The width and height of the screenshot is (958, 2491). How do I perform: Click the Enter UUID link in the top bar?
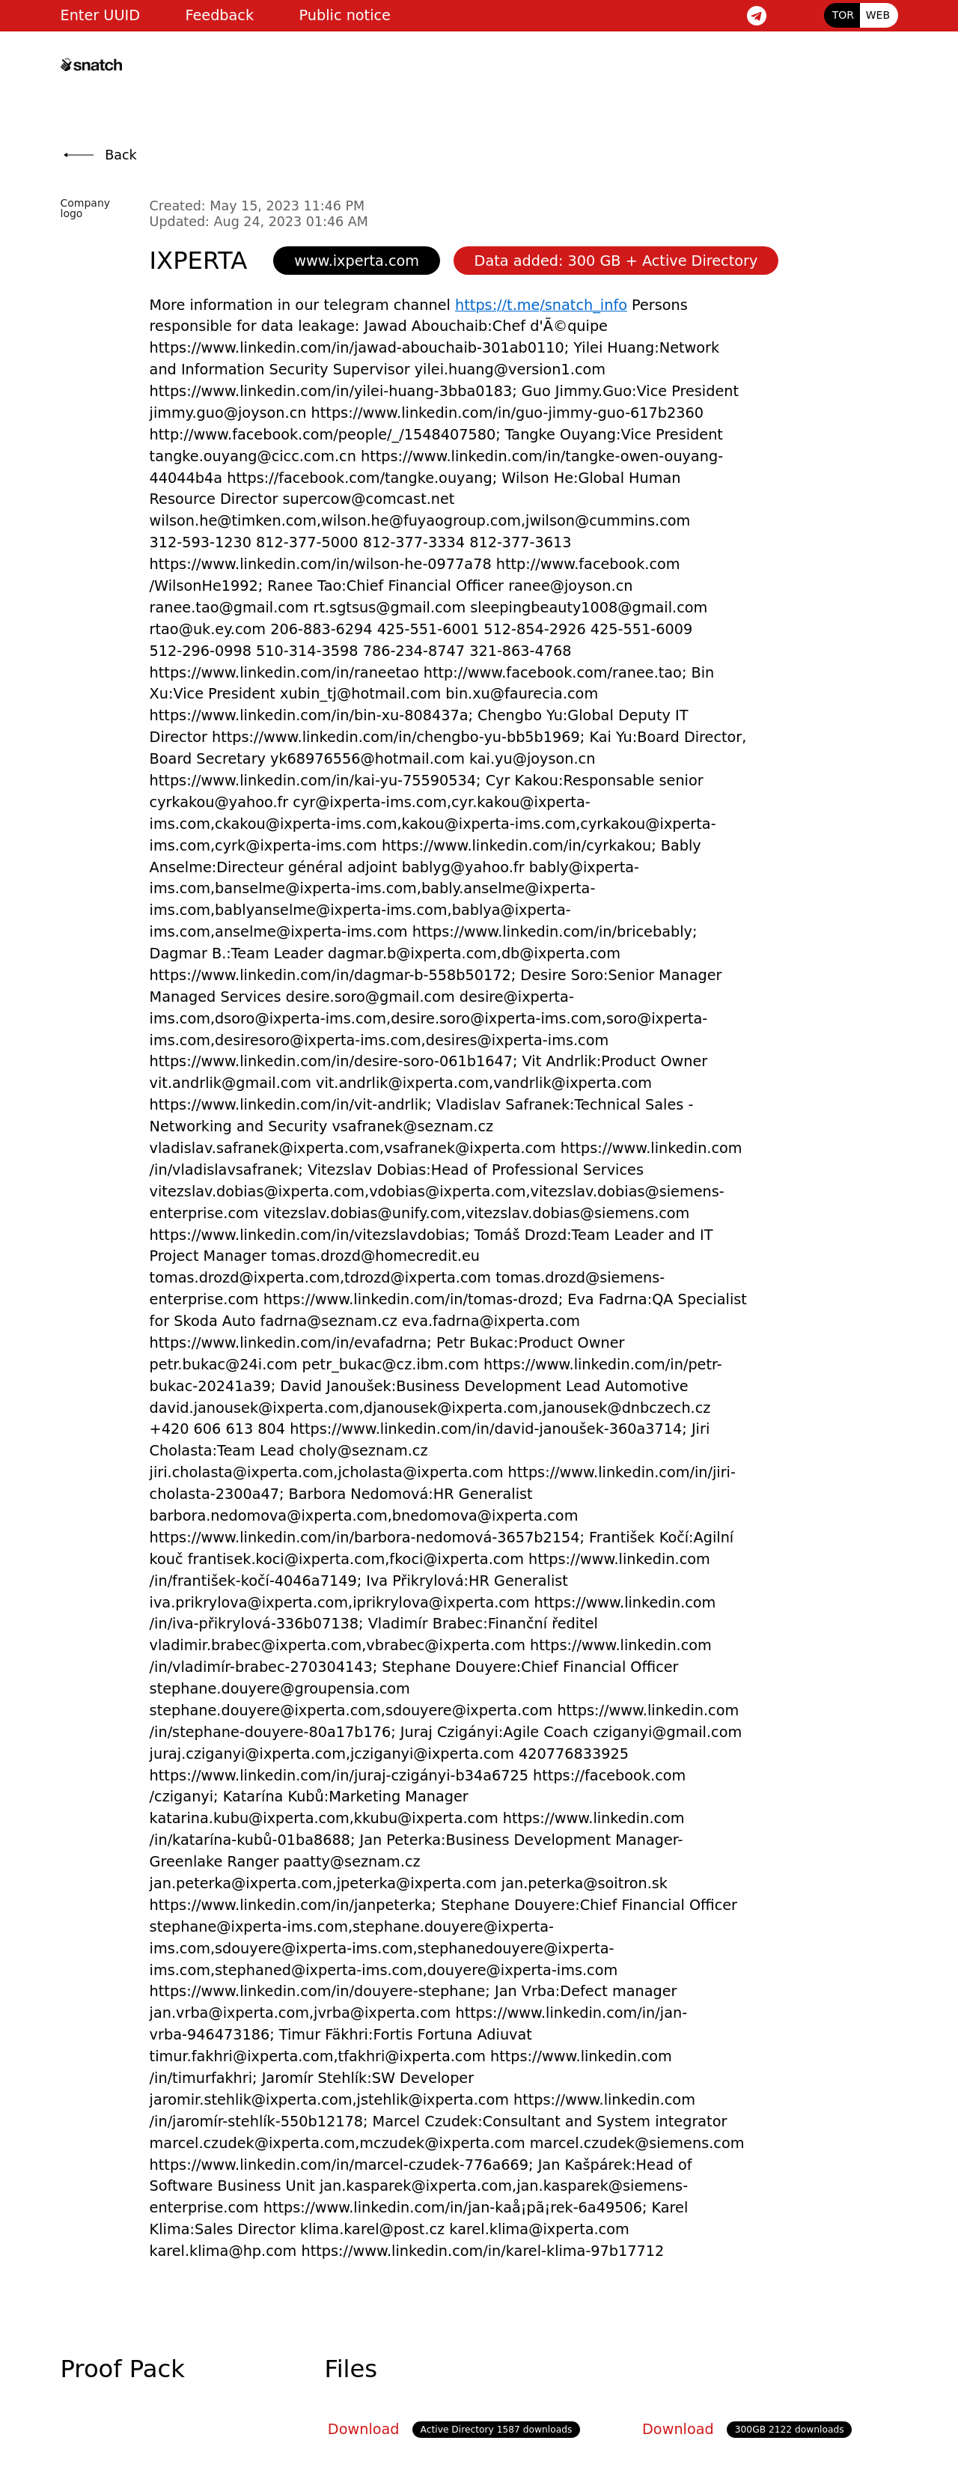click(x=100, y=16)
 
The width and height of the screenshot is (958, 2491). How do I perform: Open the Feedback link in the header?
click(x=219, y=16)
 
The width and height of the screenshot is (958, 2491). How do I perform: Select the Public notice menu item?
click(x=344, y=16)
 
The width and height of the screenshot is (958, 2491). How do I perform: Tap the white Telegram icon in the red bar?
click(x=756, y=16)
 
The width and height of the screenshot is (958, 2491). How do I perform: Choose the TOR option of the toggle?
click(x=842, y=16)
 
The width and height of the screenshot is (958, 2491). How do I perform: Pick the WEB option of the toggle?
click(x=878, y=16)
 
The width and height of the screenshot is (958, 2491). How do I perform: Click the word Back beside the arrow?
click(x=120, y=155)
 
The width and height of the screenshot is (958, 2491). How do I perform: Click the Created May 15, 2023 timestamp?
click(x=256, y=206)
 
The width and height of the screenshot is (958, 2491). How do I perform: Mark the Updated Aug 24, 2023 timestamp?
click(x=258, y=222)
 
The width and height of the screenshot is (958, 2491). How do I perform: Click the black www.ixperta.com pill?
click(x=356, y=261)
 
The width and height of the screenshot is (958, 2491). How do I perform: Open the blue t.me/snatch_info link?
click(x=540, y=305)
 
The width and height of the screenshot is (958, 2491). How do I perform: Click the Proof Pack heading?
click(x=122, y=2368)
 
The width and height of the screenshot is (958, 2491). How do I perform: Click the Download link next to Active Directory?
click(x=362, y=2428)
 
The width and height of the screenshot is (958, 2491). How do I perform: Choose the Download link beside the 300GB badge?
click(x=677, y=2428)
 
